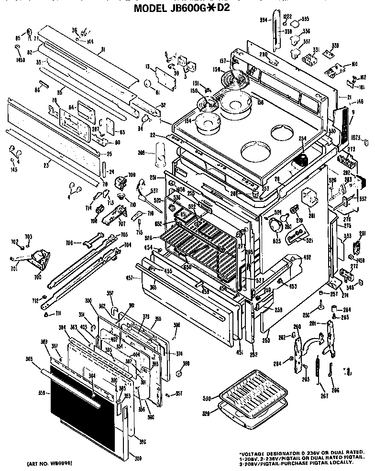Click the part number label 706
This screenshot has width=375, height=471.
69,243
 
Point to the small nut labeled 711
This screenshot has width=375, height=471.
46,314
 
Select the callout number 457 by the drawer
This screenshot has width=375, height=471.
129,277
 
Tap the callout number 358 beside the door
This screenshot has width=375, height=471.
41,393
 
